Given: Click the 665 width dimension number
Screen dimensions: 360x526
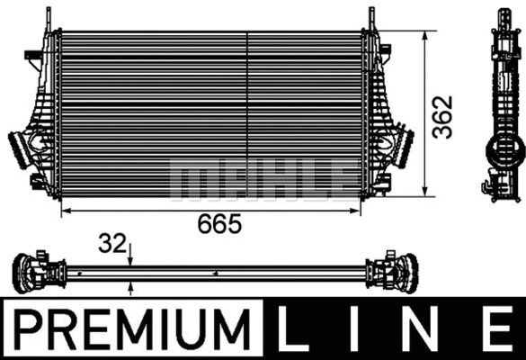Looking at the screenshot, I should pos(221,224).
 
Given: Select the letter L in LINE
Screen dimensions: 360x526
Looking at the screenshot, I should pos(298,328).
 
